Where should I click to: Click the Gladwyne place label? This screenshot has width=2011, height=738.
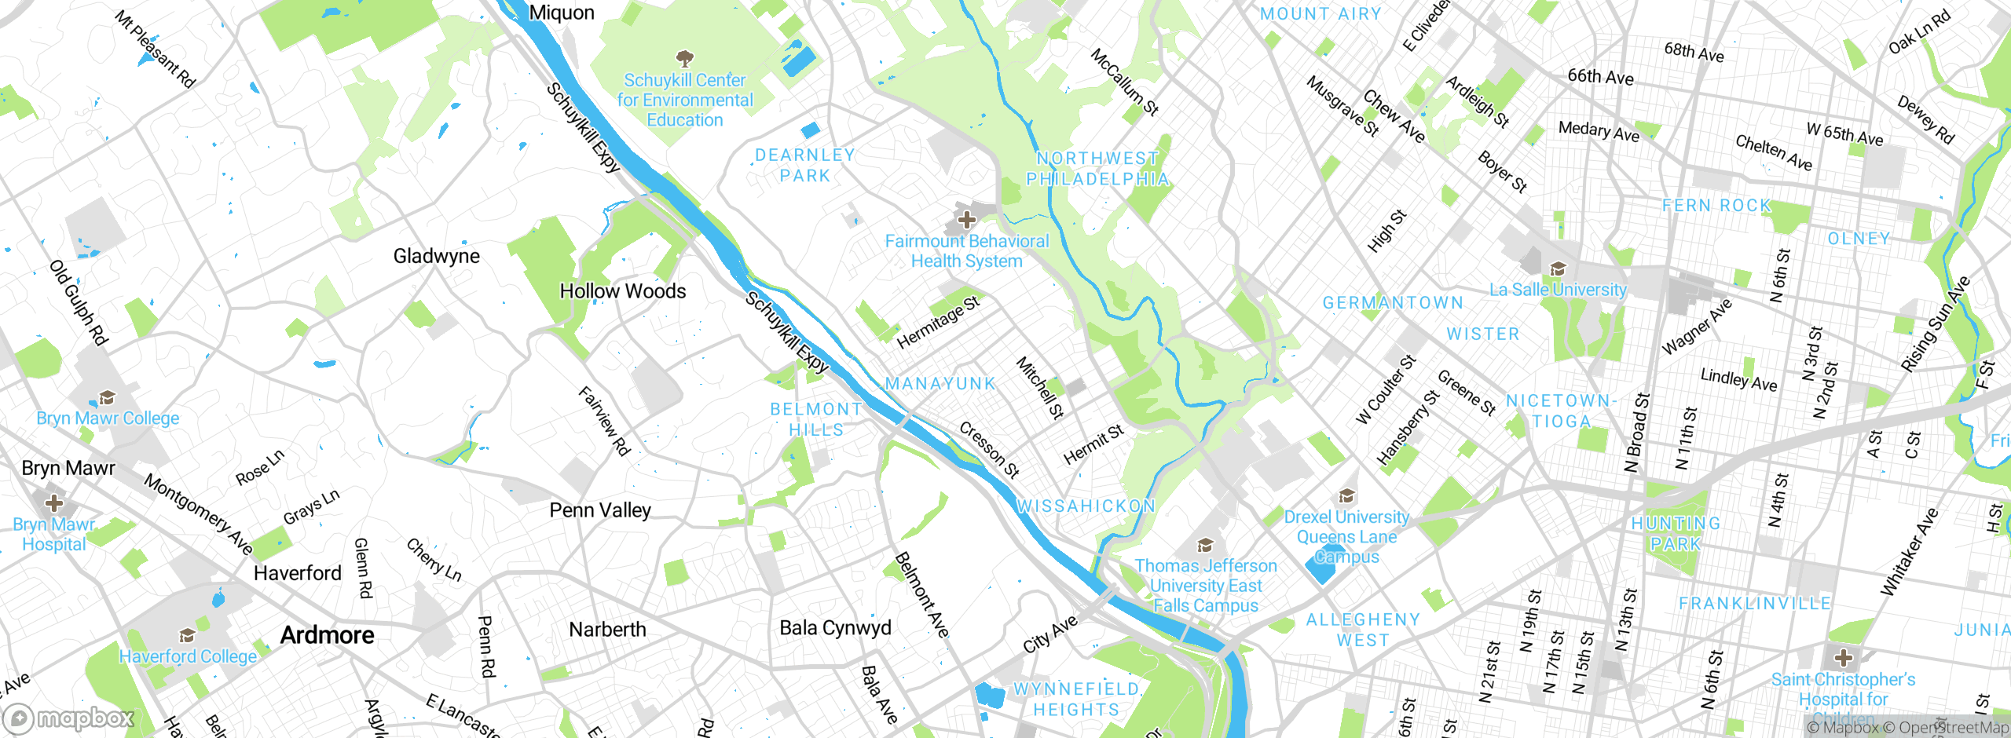436,257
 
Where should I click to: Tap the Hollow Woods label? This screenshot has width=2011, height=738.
622,291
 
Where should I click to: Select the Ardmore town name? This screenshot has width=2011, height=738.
327,635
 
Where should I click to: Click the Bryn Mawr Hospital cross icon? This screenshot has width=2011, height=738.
53,502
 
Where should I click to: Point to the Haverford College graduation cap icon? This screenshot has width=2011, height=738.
187,635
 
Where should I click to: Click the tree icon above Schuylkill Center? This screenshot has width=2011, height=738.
685,58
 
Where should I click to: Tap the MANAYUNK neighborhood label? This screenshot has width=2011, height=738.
940,384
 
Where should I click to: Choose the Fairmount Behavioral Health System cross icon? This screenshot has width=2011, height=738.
966,220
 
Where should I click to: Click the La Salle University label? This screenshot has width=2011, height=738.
1558,290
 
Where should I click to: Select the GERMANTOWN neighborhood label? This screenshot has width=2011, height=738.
1393,303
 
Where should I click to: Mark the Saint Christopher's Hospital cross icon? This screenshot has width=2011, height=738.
1844,658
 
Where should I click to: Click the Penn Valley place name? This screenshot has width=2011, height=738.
600,510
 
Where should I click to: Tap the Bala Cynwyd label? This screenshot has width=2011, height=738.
835,628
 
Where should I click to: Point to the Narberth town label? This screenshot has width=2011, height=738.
607,630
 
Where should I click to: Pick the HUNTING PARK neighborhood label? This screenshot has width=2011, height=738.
1676,534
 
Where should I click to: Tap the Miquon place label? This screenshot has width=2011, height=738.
562,13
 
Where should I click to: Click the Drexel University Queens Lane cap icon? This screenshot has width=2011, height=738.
1346,495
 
